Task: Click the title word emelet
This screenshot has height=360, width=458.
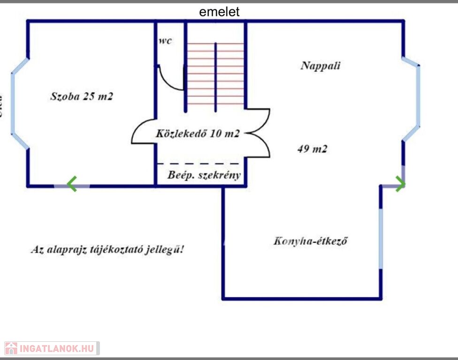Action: tap(219, 12)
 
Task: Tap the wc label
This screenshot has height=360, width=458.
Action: tap(165, 41)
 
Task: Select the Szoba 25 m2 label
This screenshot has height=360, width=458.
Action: tap(82, 97)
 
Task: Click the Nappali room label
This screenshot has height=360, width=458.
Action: tap(321, 66)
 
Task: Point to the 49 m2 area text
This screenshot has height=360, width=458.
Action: tap(312, 150)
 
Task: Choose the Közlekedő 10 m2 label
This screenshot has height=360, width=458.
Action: tap(198, 134)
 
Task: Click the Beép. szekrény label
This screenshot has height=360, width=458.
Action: tap(204, 175)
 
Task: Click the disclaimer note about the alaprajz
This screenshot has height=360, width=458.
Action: tap(107, 249)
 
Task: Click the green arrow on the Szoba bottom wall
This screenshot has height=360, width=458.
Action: tap(71, 184)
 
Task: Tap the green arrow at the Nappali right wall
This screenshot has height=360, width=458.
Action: tap(400, 184)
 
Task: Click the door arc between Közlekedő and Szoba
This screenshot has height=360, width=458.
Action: tap(141, 131)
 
